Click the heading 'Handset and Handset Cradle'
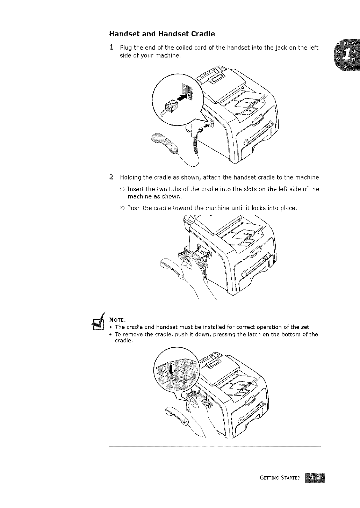(162, 34)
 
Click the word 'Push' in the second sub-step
(134, 208)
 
